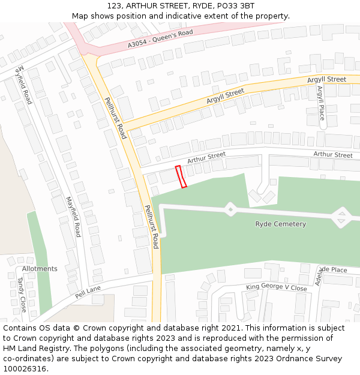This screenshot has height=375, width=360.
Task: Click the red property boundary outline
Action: click(181, 176)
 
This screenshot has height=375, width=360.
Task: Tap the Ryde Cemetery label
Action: click(280, 224)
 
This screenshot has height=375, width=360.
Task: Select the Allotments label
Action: click(40, 269)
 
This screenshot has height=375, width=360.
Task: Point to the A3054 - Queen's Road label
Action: click(160, 39)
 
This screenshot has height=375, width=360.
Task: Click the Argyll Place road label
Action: click(320, 103)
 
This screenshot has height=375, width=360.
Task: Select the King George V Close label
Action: click(276, 288)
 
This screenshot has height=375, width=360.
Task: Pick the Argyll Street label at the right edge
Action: click(326, 79)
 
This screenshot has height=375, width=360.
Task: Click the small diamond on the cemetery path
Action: click(230, 209)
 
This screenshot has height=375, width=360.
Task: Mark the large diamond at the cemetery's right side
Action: click(341, 217)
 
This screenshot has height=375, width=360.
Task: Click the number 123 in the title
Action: click(114, 6)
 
